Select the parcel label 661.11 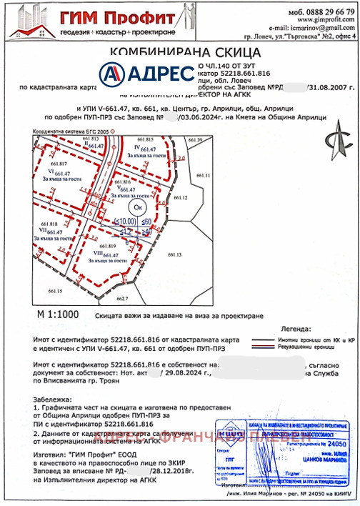[203, 175]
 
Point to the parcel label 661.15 [55, 292]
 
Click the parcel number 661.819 [109, 245]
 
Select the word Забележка [51, 396]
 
